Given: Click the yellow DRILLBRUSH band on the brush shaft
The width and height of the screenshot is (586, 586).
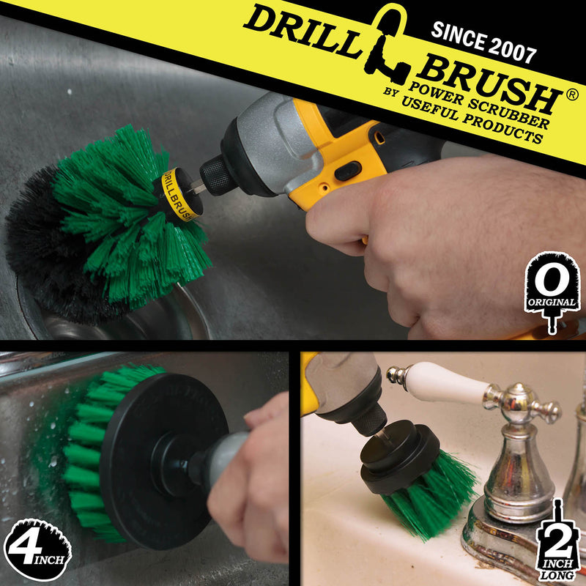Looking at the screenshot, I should click(174, 194).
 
